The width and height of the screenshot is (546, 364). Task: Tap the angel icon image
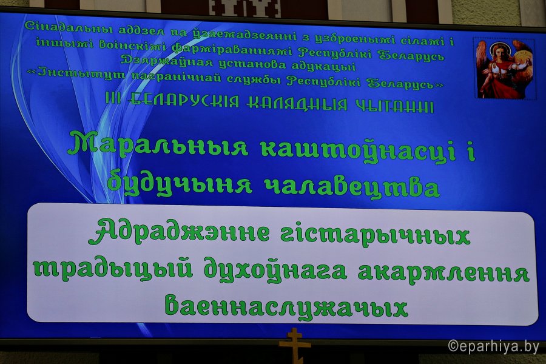[x=505, y=69]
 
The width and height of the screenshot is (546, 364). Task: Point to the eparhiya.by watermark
[x=493, y=346]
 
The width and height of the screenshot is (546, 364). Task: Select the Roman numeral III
[x=113, y=99]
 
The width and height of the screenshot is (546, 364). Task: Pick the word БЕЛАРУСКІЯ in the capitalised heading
[x=183, y=101]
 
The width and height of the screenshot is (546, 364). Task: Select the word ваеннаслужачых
[x=286, y=306]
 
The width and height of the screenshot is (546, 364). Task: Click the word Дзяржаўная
[x=166, y=61]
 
